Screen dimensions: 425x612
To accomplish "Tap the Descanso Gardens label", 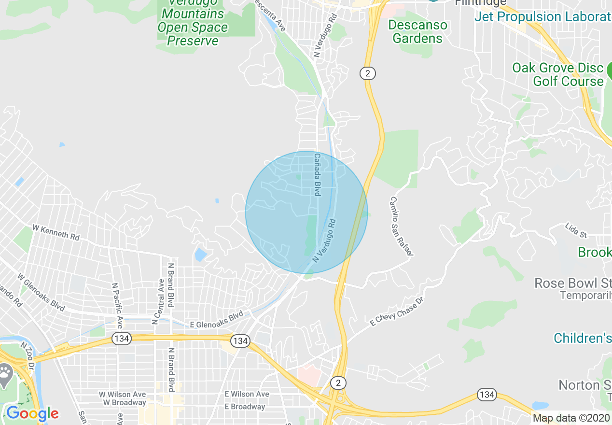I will point(417,31).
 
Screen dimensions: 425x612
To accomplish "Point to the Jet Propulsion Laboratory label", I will point(542,16).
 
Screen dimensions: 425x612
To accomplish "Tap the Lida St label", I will point(576,230).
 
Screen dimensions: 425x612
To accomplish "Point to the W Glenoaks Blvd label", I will point(41,292).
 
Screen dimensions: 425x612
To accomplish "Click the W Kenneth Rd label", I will point(56,232).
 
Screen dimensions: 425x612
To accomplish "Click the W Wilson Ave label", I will point(122,394).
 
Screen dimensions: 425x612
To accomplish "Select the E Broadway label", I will point(245,407).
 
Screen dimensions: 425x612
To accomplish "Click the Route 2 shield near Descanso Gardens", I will point(367,73).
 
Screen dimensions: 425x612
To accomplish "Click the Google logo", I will point(32,413).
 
